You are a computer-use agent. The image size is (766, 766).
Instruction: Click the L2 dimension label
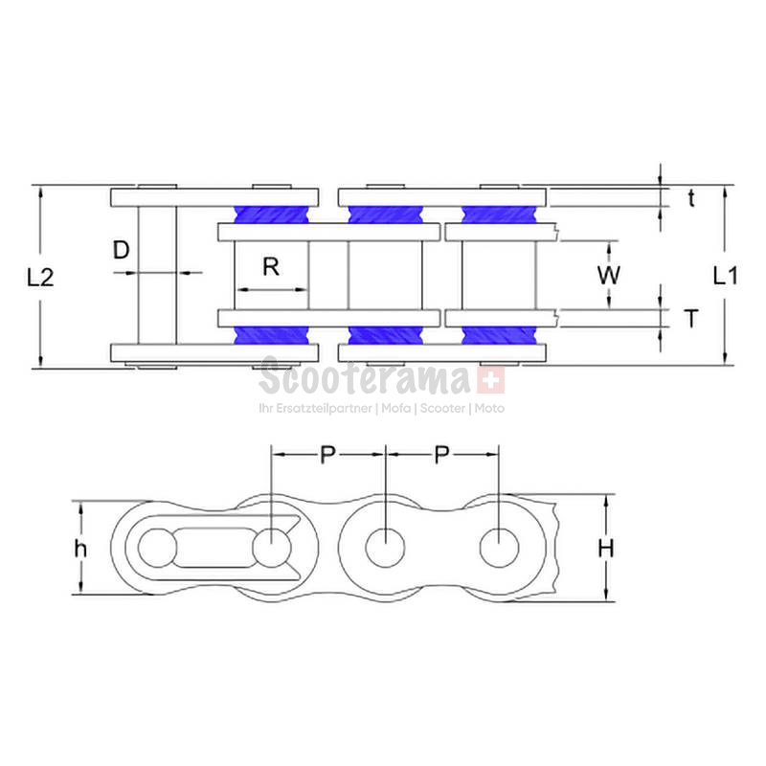pyautogui.click(x=40, y=278)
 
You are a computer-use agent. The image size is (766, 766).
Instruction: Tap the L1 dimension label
pyautogui.click(x=726, y=276)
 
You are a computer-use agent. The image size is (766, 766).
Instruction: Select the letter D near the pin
pyautogui.click(x=122, y=250)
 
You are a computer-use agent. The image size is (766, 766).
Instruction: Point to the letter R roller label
pyautogui.click(x=271, y=267)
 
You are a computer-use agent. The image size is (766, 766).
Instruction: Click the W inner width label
pyautogui.click(x=609, y=275)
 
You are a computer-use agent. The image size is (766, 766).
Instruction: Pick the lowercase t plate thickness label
pyautogui.click(x=691, y=198)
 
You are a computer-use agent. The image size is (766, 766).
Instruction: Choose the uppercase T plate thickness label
pyautogui.click(x=691, y=319)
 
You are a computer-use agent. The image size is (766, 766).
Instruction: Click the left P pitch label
pyautogui.click(x=327, y=455)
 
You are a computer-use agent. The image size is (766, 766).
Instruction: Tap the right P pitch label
pyautogui.click(x=441, y=455)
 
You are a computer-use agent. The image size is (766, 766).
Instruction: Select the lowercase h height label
pyautogui.click(x=80, y=548)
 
